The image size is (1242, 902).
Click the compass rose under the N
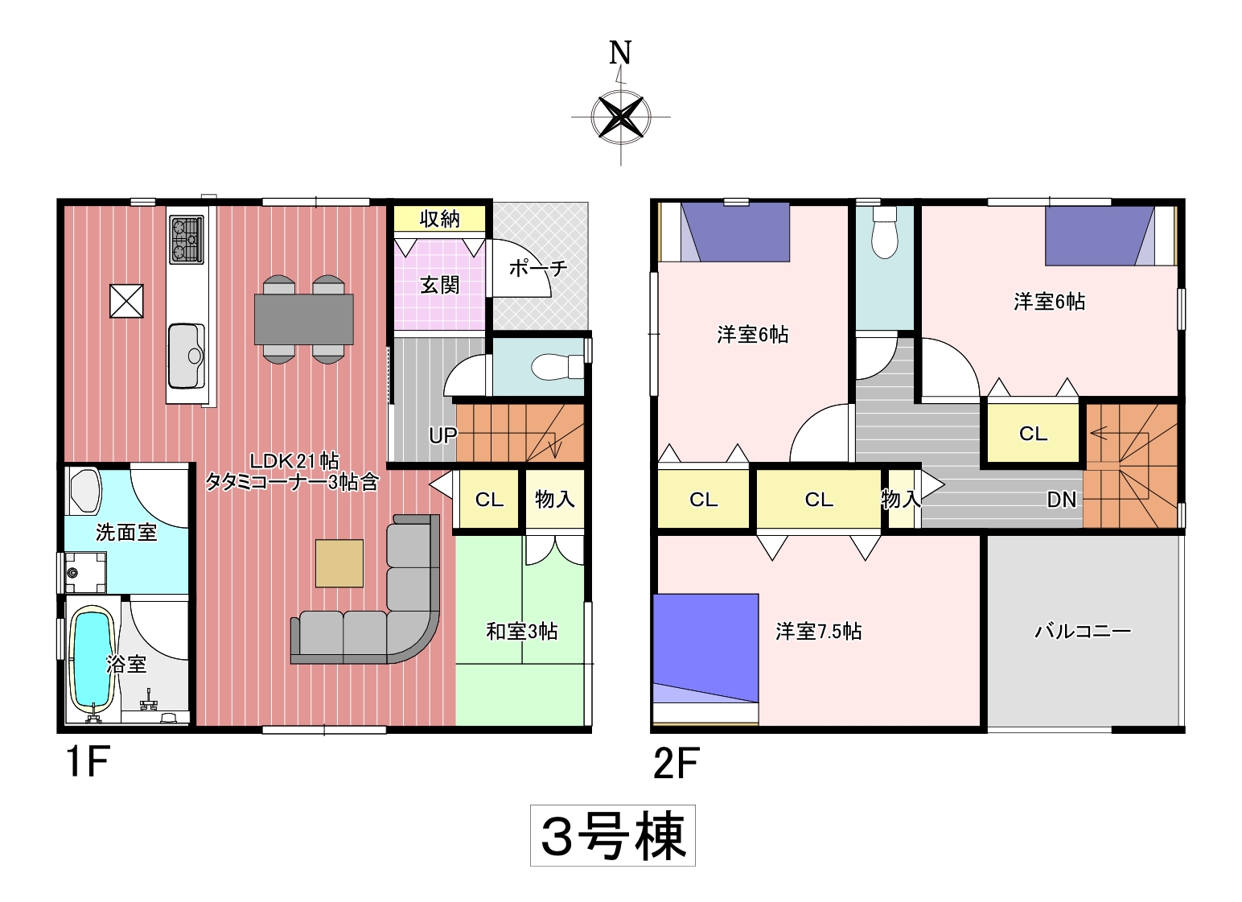click(620, 117)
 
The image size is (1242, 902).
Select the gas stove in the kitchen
click(187, 240)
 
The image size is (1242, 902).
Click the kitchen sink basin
click(187, 356)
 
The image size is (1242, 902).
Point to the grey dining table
click(304, 319)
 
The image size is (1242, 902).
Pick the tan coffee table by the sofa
click(339, 563)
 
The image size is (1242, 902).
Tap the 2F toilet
click(884, 232)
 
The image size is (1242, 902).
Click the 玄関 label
click(440, 285)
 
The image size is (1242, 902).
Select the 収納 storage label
click(440, 219)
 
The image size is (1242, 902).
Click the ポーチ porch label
click(538, 269)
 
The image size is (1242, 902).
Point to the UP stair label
click(442, 435)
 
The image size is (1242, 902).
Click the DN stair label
click(1061, 500)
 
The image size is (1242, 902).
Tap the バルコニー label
click(1082, 632)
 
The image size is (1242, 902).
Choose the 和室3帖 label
click(522, 632)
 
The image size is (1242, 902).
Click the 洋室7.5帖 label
click(818, 632)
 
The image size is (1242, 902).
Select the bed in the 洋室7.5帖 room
click(705, 660)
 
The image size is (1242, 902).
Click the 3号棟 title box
click(613, 835)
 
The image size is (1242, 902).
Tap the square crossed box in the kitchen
click(126, 301)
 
